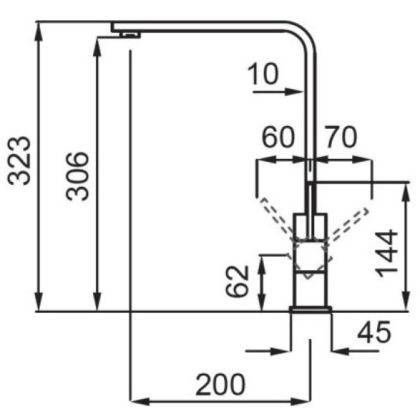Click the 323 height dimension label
(19, 161)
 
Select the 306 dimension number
(77, 176)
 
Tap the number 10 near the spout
(263, 73)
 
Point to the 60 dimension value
(278, 137)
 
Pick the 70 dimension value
(341, 137)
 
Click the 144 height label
(386, 253)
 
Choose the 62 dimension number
(237, 281)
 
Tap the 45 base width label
(374, 332)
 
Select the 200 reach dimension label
(220, 384)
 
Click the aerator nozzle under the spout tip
(129, 35)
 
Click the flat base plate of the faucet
(310, 309)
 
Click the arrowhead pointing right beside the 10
(294, 92)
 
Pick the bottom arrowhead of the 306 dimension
(97, 302)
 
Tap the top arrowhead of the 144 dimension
(406, 192)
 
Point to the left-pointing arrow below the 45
(356, 351)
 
